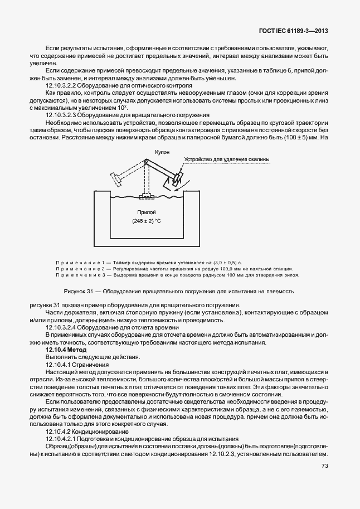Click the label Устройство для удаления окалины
227,159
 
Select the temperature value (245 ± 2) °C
148,222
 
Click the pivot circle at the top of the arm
147,162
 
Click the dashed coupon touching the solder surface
147,196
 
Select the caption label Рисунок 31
80,291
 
